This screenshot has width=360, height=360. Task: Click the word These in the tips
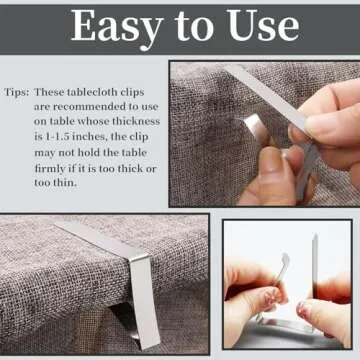[x=65, y=87]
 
